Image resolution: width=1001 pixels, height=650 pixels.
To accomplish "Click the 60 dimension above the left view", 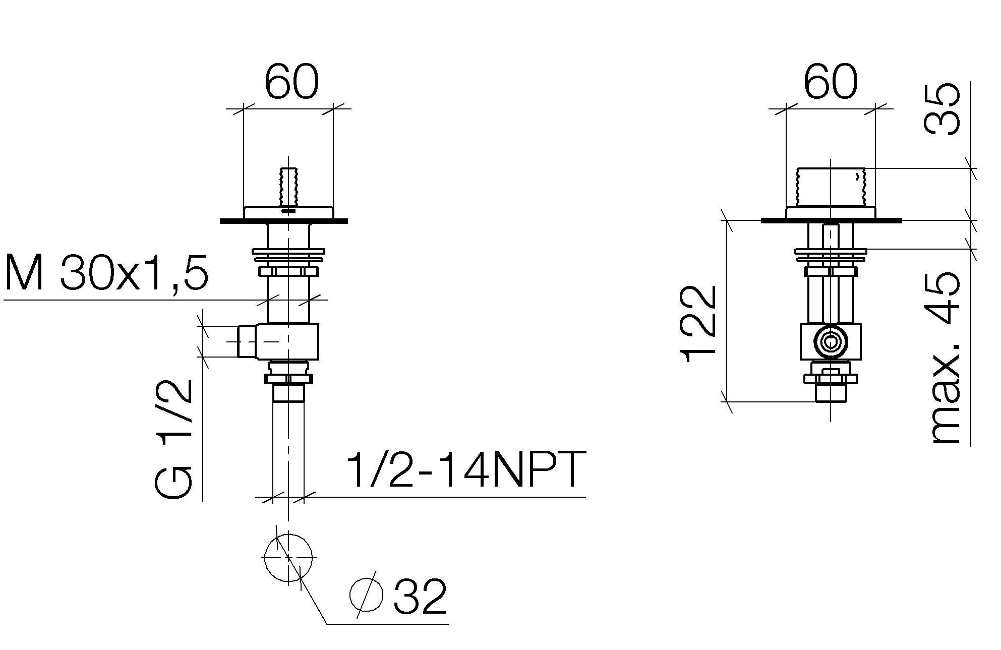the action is point(291,82).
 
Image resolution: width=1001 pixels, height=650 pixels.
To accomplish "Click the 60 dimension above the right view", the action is point(831,82).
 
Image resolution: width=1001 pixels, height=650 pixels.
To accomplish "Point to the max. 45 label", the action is point(944,359).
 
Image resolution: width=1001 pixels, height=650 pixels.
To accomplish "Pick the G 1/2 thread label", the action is point(173,438).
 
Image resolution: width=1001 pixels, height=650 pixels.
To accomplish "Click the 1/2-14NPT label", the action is point(466,470).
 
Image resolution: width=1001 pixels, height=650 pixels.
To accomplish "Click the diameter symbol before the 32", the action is point(367,595).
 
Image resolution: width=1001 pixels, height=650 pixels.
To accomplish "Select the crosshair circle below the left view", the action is point(288,558).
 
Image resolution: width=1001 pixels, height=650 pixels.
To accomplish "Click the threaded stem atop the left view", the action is point(288,187).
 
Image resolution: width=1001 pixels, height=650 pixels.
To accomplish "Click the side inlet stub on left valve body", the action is point(247,341).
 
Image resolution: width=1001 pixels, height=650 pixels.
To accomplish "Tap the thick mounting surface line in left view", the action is point(284,221).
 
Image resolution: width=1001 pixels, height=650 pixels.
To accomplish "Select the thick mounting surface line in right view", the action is point(831,220).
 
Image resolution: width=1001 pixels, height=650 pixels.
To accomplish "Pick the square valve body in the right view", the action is point(830,342).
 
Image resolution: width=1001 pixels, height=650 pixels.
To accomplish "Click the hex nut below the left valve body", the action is point(288,379).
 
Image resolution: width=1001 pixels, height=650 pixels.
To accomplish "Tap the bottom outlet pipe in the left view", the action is point(288,449).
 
